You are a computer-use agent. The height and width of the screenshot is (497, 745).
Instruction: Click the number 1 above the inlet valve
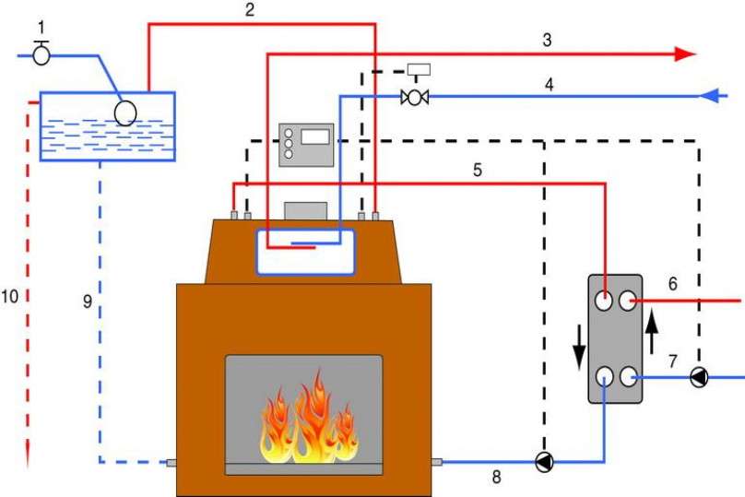click(41, 28)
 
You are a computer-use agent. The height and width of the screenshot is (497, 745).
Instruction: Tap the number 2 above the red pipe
click(250, 9)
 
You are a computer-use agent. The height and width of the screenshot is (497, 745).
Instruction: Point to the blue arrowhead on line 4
click(709, 96)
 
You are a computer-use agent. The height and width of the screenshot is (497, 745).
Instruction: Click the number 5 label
click(478, 170)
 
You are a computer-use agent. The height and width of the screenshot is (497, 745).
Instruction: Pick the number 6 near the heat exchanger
click(673, 284)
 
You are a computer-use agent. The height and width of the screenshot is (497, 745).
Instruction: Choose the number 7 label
click(673, 361)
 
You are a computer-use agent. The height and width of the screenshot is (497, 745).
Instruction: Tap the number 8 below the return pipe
click(496, 477)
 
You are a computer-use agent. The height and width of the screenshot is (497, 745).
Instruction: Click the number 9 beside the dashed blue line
click(88, 302)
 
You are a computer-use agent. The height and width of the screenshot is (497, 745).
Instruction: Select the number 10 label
click(9, 297)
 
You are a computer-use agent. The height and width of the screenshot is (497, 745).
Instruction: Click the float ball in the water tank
click(125, 113)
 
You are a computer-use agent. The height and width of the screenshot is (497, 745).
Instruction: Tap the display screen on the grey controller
click(315, 136)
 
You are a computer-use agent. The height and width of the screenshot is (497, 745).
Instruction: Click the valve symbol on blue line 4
click(415, 98)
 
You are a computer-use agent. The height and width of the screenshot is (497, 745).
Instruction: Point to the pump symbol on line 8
click(545, 461)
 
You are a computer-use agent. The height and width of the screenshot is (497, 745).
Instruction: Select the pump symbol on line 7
click(699, 378)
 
